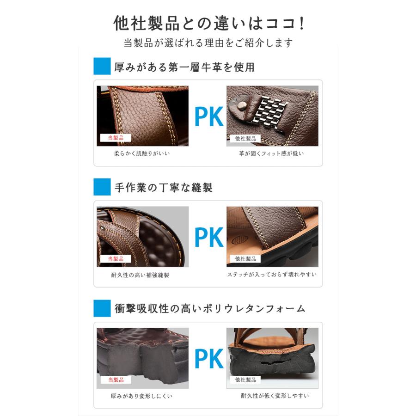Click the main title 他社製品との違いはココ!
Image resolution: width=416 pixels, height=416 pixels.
[x=208, y=23]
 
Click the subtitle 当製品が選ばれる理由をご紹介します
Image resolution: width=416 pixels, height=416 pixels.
[x=208, y=43]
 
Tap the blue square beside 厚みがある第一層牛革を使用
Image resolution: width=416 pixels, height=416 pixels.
[x=102, y=66]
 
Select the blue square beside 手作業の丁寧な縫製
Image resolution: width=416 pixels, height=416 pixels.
[x=102, y=187]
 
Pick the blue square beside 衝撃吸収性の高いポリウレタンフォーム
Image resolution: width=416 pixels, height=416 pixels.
[x=102, y=308]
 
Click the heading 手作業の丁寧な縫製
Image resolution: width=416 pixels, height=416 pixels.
[x=163, y=188]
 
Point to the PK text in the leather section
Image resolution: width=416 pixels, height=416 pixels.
[x=208, y=116]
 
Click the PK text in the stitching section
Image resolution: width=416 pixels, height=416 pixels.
[x=208, y=237]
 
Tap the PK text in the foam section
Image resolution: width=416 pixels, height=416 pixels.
[x=208, y=359]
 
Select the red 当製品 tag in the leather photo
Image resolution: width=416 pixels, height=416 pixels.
[x=116, y=138]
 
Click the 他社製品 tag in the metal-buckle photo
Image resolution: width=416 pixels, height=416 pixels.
[x=245, y=138]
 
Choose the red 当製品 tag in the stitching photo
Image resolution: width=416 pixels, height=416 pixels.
[x=116, y=259]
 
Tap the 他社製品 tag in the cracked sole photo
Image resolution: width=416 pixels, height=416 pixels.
[x=245, y=379]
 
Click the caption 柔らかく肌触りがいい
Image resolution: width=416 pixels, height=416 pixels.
[x=142, y=153]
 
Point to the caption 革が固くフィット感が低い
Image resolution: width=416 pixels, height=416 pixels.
[x=271, y=153]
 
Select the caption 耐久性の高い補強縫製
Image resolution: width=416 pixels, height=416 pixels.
[x=140, y=275]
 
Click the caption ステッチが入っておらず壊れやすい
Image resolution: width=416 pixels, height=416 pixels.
[x=272, y=274]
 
